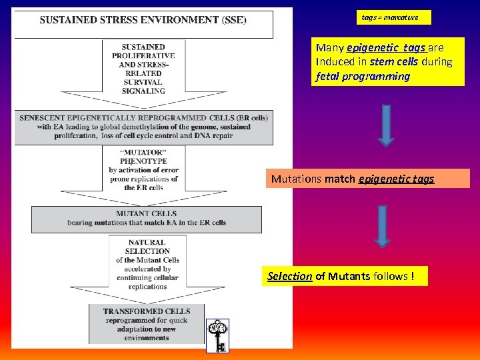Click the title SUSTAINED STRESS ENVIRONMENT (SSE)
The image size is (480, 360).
(143, 20)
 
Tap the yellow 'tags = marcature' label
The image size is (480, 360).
(390, 17)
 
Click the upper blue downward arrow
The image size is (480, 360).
(386, 124)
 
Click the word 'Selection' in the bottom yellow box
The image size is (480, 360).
(289, 276)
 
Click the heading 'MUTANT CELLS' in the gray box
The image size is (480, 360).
(146, 214)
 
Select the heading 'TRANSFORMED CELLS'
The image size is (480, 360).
(146, 311)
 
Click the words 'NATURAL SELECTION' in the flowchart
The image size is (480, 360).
(147, 247)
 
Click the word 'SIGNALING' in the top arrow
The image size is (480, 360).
(143, 91)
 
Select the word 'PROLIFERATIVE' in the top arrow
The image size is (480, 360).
(143, 56)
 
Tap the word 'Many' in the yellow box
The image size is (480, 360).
(329, 48)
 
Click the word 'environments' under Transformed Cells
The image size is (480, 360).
(146, 338)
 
